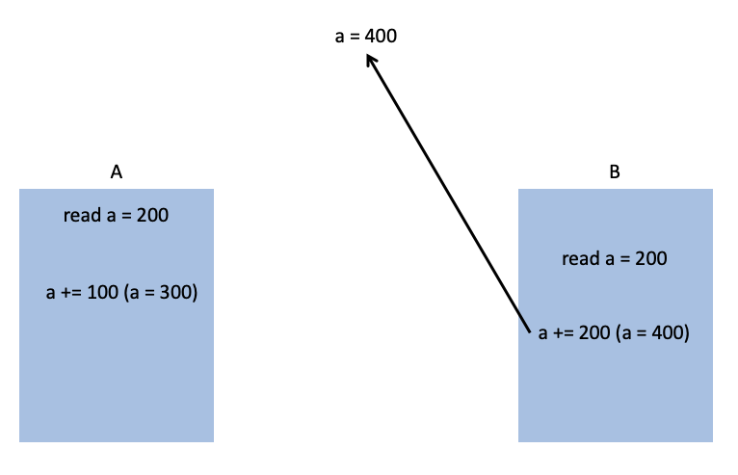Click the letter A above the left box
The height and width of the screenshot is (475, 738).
[117, 172]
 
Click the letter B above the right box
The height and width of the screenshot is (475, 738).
[615, 172]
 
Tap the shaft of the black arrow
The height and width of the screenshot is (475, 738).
[450, 195]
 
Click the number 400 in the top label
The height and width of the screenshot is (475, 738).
[381, 37]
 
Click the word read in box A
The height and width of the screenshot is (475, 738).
[81, 215]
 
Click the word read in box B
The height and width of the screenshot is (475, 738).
[580, 258]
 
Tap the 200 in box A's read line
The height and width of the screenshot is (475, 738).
[152, 215]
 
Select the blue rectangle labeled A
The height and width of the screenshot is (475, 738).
[116, 376]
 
